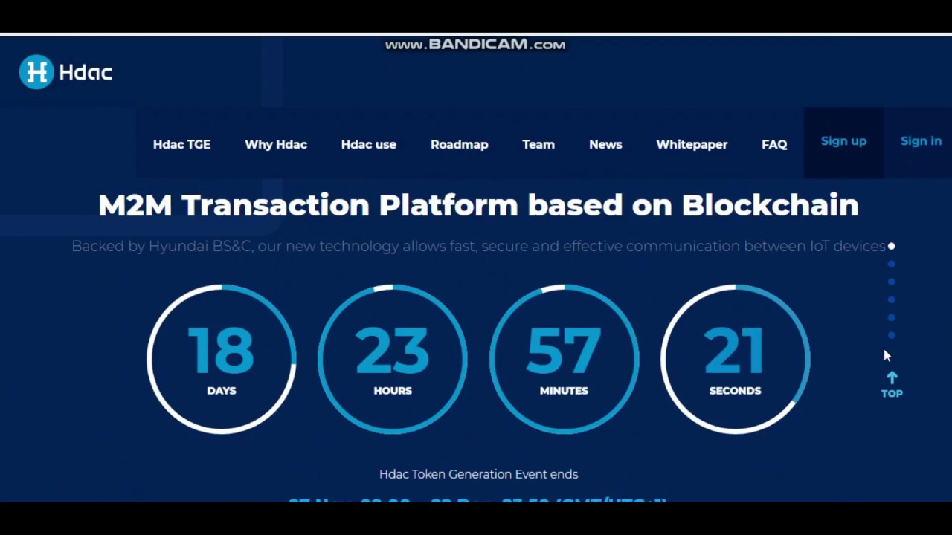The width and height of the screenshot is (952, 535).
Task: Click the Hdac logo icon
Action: click(36, 72)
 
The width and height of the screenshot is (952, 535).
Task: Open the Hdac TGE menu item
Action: click(181, 144)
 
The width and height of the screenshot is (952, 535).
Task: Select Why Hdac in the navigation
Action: click(276, 144)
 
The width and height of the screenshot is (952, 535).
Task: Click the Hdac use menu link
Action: click(368, 144)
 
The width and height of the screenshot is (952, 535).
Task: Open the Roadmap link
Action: click(459, 144)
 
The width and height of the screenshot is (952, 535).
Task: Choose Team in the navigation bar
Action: click(538, 144)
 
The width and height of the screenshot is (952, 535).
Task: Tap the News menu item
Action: click(605, 144)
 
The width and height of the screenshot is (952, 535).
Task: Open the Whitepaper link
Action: click(692, 144)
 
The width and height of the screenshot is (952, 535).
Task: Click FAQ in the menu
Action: click(774, 144)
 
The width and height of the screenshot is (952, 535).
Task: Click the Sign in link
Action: click(921, 141)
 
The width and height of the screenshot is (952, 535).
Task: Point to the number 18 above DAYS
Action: click(221, 350)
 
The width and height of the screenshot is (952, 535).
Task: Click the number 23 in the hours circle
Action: click(392, 350)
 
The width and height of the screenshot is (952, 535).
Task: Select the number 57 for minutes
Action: click(563, 350)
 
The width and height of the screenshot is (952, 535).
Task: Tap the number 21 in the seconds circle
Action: click(734, 350)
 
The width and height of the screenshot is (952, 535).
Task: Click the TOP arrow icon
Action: click(892, 378)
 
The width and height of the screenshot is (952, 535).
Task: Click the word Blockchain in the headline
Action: click(770, 205)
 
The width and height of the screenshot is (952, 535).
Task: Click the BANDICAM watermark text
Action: click(475, 45)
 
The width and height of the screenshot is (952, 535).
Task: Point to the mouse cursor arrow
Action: click(887, 356)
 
